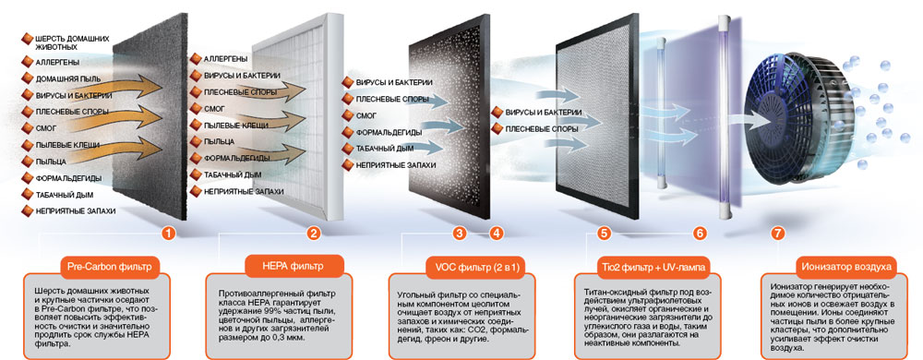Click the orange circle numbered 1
[169, 234]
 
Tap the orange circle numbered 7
[778, 234]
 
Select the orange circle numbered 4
[497, 234]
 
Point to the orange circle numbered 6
[700, 234]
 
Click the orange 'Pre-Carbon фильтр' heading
[110, 267]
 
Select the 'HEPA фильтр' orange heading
[293, 266]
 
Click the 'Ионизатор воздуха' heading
[846, 267]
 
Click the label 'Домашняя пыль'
[68, 78]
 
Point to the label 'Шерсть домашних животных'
[72, 42]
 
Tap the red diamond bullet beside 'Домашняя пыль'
[27, 78]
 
